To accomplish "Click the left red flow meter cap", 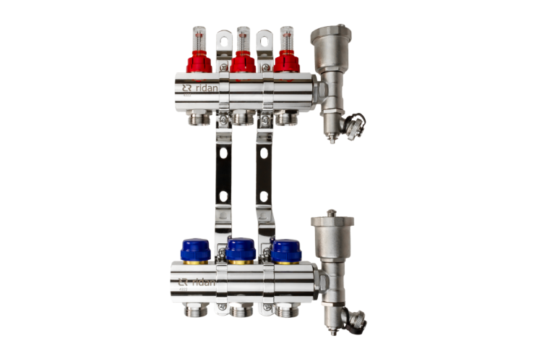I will (x=199, y=63).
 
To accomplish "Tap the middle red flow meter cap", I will (x=243, y=63).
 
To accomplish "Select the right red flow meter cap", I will (x=286, y=63).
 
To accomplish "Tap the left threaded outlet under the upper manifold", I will (x=198, y=116).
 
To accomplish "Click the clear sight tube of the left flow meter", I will (x=199, y=36).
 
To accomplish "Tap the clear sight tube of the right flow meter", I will (x=286, y=36).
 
